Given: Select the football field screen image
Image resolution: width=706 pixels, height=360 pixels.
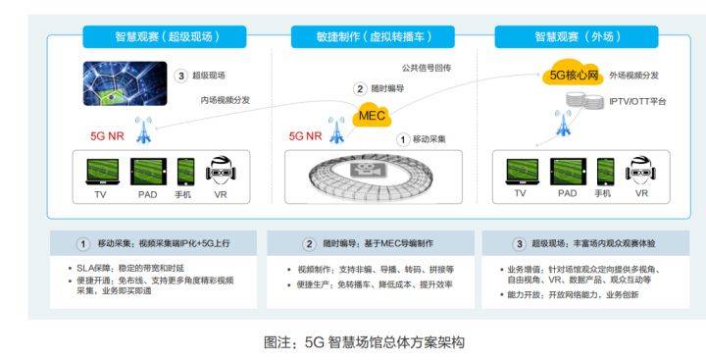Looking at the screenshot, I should coord(126,79).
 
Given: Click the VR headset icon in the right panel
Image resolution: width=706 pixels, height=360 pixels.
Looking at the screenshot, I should coord(642,172).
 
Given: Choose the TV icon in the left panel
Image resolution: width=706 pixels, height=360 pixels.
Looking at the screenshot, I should coord(99,172).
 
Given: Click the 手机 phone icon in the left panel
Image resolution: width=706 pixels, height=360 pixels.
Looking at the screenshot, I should coord(183,172).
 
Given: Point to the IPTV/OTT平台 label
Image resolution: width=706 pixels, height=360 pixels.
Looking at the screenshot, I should coord(638,101).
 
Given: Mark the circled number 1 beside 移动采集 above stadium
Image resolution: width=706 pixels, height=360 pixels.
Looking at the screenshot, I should coord(402,139).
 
